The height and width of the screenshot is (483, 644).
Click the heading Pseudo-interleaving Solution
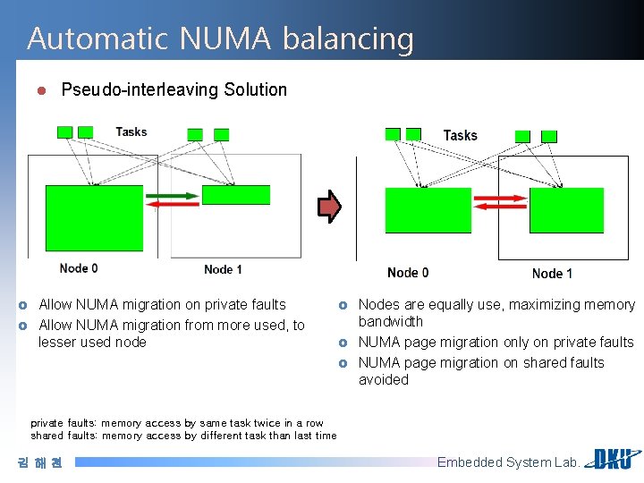[x=174, y=89]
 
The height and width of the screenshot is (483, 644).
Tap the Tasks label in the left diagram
[x=131, y=131]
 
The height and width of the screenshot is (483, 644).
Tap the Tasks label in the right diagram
[x=460, y=135]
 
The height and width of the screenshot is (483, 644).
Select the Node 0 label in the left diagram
[x=79, y=267]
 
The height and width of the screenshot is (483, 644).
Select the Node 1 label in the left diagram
[x=223, y=269]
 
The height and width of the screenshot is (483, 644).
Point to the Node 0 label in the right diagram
[x=408, y=272]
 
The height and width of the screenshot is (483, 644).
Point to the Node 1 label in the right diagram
[x=552, y=273]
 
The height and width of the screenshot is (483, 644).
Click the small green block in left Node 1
[x=236, y=194]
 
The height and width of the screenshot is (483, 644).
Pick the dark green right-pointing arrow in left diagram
[x=172, y=195]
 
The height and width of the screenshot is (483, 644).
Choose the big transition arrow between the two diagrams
[x=330, y=207]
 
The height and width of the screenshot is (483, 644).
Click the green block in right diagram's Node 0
[x=428, y=210]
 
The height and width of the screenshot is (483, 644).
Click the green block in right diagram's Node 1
[x=566, y=210]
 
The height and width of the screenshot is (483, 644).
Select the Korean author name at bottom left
[x=39, y=462]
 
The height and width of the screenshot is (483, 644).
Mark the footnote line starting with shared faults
[x=183, y=436]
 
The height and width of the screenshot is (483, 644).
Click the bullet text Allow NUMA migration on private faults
[x=162, y=305]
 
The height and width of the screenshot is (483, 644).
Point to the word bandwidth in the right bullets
[x=391, y=322]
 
